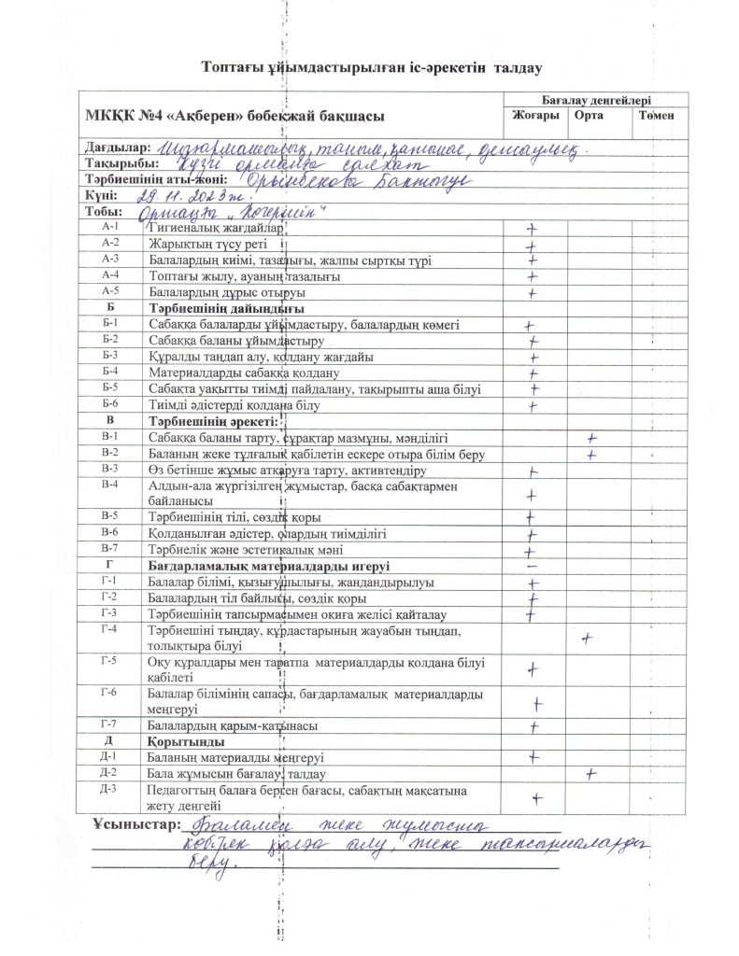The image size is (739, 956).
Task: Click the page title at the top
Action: click(x=372, y=67)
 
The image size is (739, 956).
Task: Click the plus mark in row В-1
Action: click(x=590, y=437)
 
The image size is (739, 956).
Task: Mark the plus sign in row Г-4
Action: click(x=588, y=639)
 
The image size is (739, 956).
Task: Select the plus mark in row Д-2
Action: click(x=590, y=773)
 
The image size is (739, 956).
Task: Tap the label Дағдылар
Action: click(x=118, y=148)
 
